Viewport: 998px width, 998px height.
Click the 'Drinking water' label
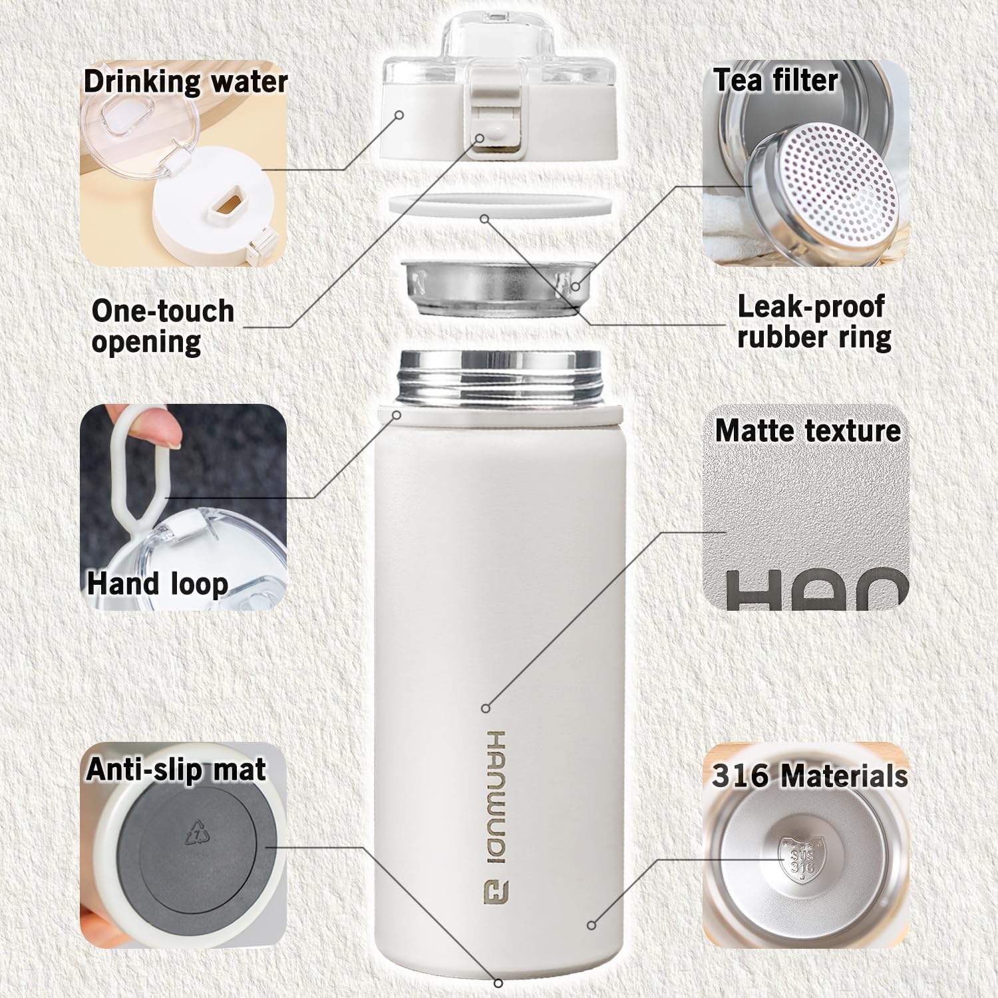(186, 82)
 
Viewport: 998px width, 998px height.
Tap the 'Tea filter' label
(776, 80)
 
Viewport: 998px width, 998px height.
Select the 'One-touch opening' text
(163, 326)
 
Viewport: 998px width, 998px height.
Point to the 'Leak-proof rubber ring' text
(813, 322)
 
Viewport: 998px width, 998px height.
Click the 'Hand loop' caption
(158, 583)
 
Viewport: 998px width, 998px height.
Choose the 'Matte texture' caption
(808, 430)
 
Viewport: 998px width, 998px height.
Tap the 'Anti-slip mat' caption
(176, 769)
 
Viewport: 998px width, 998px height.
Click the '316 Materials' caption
(810, 776)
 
